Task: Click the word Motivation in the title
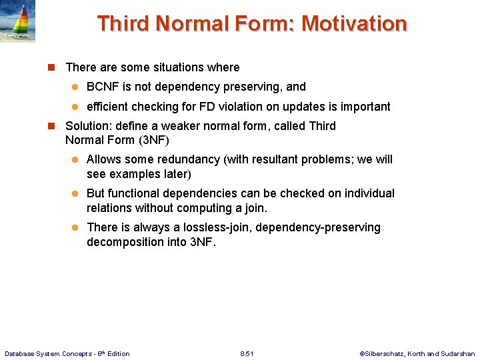click(x=354, y=24)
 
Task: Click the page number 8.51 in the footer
click(x=247, y=353)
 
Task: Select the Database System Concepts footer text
click(x=67, y=353)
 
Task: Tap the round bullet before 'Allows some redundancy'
click(x=75, y=160)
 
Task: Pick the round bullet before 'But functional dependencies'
click(x=75, y=194)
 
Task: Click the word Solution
click(x=86, y=126)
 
